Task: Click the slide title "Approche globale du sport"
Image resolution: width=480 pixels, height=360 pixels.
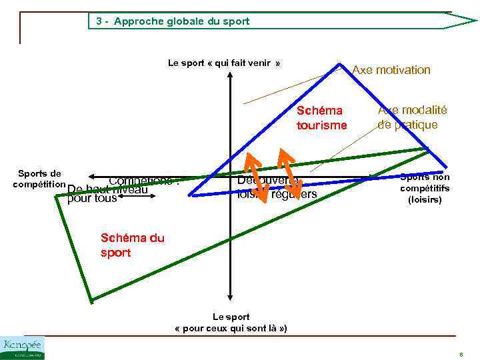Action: click(x=181, y=21)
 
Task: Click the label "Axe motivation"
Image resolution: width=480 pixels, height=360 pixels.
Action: click(x=391, y=70)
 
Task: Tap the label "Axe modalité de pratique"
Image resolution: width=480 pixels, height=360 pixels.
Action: click(x=412, y=118)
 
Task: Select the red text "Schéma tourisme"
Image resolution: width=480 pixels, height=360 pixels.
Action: click(x=321, y=118)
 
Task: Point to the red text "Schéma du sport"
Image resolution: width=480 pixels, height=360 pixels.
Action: click(x=132, y=245)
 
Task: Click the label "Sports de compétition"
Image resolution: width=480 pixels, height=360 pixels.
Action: click(x=39, y=179)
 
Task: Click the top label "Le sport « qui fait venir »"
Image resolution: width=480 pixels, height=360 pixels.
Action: click(x=224, y=63)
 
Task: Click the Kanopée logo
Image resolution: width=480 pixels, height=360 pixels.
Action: click(x=23, y=347)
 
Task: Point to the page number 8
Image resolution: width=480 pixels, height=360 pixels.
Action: click(x=461, y=354)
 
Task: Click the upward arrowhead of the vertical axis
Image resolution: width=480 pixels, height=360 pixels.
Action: click(x=229, y=74)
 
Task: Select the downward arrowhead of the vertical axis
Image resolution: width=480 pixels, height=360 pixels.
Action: click(x=229, y=298)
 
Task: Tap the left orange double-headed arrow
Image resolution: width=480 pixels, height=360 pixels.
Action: click(x=257, y=177)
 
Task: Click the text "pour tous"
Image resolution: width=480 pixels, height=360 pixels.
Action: click(x=92, y=198)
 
